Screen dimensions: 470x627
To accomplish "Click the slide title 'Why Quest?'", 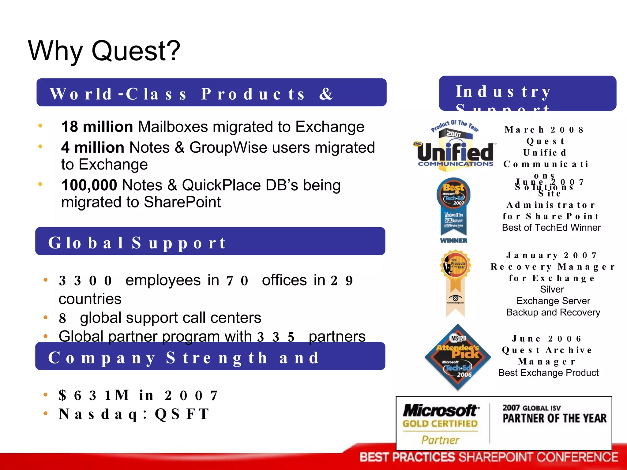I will click(x=104, y=51).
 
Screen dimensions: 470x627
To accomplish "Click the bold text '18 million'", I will click(x=97, y=127).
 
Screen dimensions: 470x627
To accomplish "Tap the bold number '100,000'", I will click(x=89, y=185).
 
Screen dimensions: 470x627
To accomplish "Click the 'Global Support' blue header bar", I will click(x=210, y=241).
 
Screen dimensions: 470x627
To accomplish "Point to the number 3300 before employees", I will click(x=85, y=281).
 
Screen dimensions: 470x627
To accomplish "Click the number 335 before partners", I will click(x=276, y=337).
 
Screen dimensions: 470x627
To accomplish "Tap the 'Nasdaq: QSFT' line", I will click(x=134, y=414).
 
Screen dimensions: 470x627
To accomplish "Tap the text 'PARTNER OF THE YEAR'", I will click(x=554, y=418).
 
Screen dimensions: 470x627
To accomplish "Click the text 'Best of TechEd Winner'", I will click(x=551, y=228).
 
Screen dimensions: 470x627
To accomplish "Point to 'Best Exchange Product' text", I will click(x=548, y=373).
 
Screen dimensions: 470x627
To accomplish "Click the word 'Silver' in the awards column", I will click(x=552, y=289).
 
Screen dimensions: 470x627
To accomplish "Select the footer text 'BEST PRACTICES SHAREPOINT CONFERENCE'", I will click(x=489, y=457).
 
